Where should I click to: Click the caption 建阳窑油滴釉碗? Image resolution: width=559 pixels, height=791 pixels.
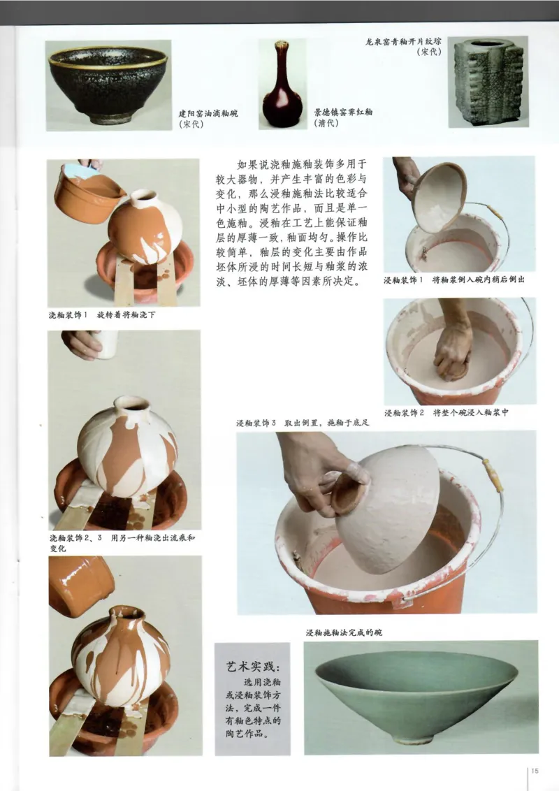pos(208,114)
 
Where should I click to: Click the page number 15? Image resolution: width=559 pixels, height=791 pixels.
pos(535,771)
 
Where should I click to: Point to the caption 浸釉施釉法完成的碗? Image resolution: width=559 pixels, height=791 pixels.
pos(344,632)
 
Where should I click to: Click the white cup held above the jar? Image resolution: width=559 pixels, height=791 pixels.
pos(106,344)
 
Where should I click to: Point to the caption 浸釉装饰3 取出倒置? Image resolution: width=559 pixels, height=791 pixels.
pos(302,423)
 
